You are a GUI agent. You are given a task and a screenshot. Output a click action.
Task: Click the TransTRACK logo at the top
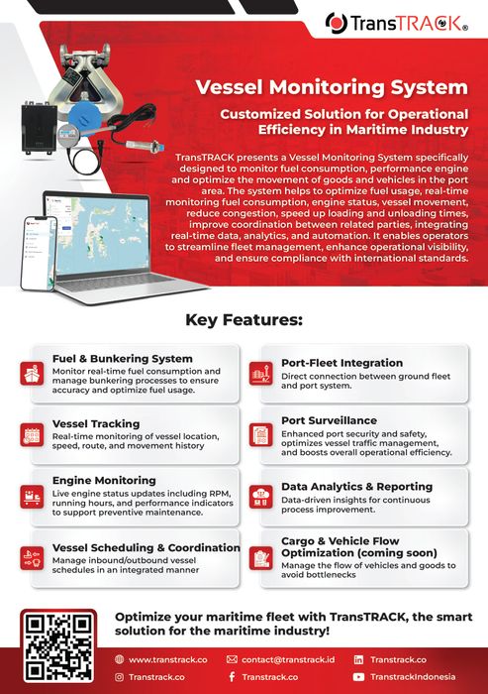click(x=410, y=22)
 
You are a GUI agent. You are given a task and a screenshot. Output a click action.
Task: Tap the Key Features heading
click(x=244, y=320)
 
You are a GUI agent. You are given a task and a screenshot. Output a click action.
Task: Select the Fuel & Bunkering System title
click(x=122, y=359)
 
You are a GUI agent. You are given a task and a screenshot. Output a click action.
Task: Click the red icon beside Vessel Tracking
click(x=32, y=434)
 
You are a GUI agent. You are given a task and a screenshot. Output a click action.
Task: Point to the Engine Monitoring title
click(x=104, y=480)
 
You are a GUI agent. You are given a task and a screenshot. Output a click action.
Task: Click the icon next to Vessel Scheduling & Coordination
click(x=32, y=557)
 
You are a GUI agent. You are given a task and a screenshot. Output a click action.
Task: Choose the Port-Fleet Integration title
click(x=341, y=363)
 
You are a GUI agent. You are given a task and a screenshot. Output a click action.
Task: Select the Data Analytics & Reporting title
click(x=356, y=487)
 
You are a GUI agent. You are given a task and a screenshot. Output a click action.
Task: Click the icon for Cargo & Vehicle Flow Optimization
click(x=262, y=557)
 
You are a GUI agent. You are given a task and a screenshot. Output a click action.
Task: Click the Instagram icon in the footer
click(x=120, y=677)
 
